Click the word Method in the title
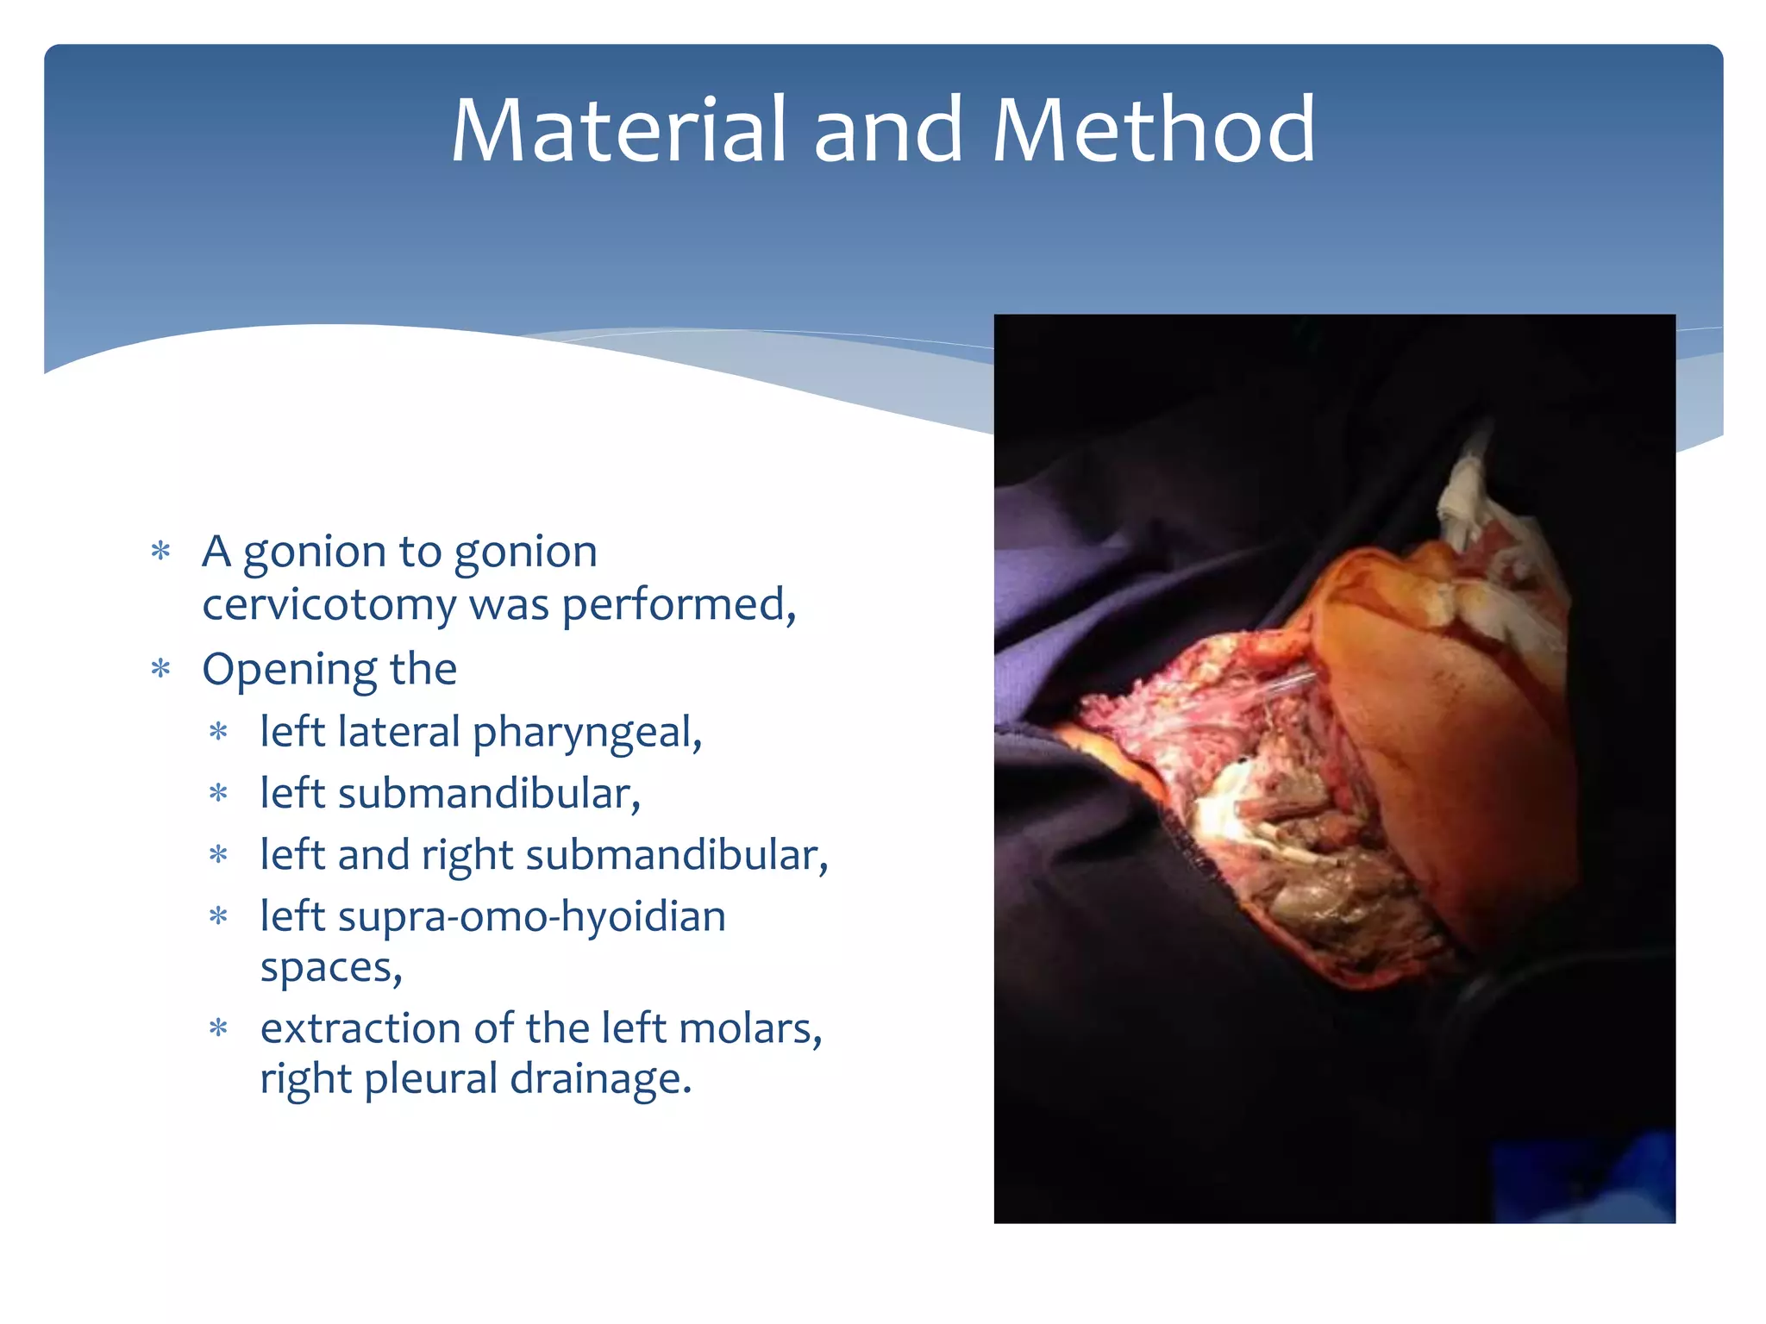pos(1153,131)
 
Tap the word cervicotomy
pos(329,604)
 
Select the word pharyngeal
pos(586,734)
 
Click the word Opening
pos(288,670)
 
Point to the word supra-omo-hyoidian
pos(531,916)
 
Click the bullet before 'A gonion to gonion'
pos(160,551)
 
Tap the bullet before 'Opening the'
pos(160,669)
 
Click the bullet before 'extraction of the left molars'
pos(219,1028)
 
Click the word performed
pos(678,604)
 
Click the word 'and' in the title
pos(888,131)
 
